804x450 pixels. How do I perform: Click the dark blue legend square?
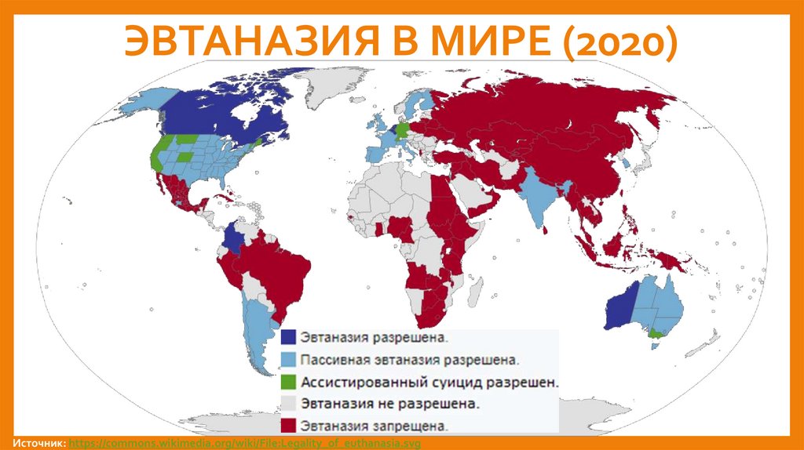289,338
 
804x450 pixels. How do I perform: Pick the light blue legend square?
289,360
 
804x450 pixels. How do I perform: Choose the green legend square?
289,382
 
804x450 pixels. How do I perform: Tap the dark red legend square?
289,426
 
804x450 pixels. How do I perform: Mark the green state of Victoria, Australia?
656,334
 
